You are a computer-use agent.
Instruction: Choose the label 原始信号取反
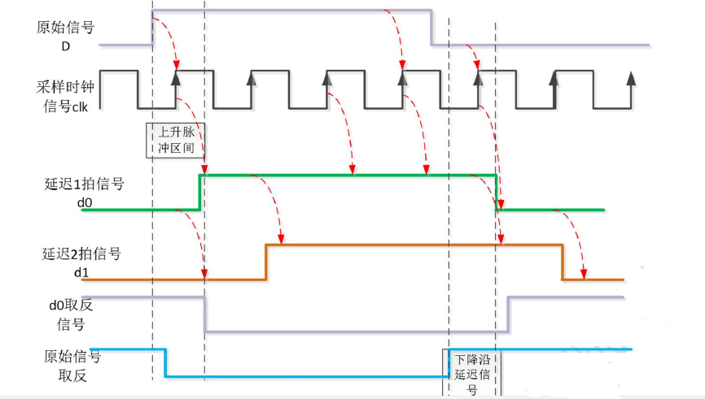pyautogui.click(x=68, y=366)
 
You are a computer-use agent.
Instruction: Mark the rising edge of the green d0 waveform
pyautogui.click(x=199, y=192)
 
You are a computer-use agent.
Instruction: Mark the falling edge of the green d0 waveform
pyautogui.click(x=496, y=192)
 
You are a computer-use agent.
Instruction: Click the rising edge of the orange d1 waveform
pyautogui.click(x=266, y=262)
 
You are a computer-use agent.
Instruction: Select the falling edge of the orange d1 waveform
pyautogui.click(x=562, y=262)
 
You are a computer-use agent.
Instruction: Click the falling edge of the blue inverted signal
pyautogui.click(x=166, y=362)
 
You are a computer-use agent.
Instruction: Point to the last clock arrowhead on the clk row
pyautogui.click(x=630, y=78)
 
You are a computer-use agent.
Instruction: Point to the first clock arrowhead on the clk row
pyautogui.click(x=175, y=78)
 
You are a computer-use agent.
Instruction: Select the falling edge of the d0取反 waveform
pyautogui.click(x=204, y=314)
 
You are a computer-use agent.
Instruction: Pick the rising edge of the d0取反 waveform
pyautogui.click(x=508, y=314)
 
